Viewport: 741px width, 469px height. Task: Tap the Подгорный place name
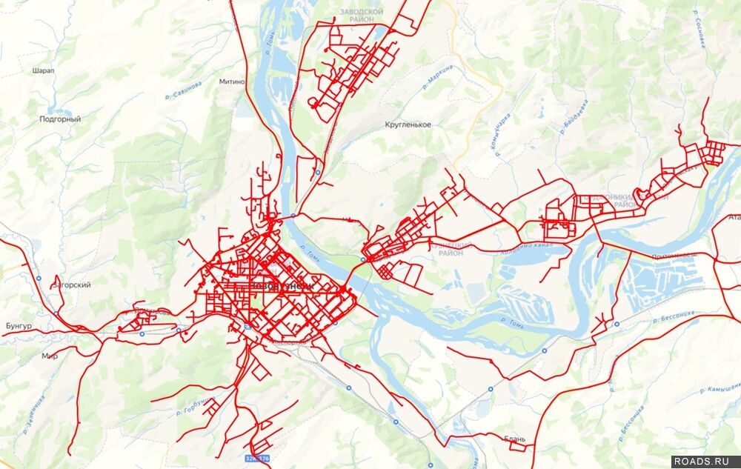60,119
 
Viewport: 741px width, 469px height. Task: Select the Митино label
231,82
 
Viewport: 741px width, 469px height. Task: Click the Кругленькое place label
408,124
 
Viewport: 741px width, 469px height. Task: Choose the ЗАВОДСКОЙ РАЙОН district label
361,17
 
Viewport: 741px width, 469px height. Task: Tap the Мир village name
49,356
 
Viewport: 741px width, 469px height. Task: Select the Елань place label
514,437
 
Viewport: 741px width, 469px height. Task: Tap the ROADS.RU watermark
705,462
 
